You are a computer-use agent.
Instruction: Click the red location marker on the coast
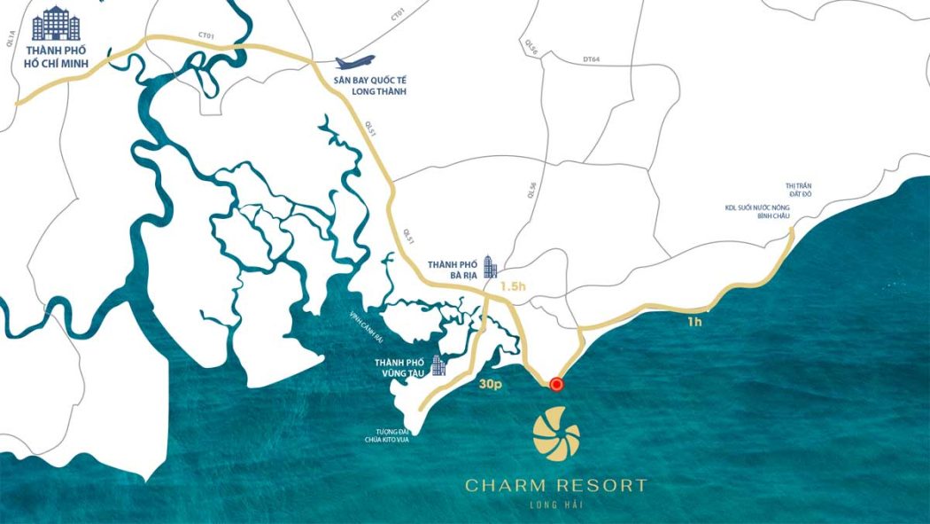(556, 384)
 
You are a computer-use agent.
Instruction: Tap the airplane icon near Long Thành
(354, 64)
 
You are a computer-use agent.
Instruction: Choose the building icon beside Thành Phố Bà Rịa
(490, 267)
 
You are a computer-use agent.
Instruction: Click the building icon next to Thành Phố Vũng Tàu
(438, 365)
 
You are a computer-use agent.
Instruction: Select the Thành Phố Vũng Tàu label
(399, 369)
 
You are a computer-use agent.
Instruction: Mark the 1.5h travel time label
(513, 287)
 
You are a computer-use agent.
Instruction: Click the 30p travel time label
(491, 387)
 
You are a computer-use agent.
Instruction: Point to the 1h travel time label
(694, 322)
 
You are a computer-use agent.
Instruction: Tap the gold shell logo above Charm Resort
(556, 434)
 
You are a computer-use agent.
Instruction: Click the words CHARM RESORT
(556, 485)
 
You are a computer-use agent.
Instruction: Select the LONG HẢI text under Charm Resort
(556, 505)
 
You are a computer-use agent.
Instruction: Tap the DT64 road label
(591, 59)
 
